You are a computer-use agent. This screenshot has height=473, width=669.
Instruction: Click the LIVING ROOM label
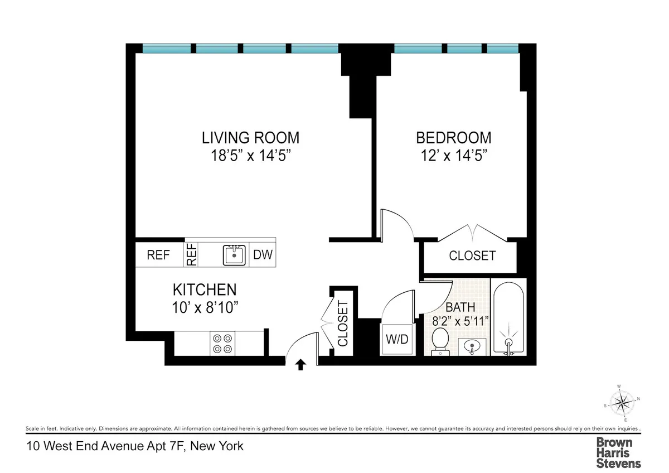[x=250, y=137]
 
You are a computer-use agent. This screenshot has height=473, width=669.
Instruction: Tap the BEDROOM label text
[x=454, y=137]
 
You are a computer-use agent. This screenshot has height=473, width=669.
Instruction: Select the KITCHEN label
[x=205, y=289]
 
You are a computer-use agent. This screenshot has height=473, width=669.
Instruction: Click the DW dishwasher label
[x=263, y=255]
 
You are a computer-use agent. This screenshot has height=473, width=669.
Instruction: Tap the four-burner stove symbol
[x=221, y=343]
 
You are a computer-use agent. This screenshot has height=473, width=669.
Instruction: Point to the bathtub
[x=508, y=318]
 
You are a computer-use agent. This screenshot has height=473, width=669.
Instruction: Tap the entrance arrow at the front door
[x=300, y=365]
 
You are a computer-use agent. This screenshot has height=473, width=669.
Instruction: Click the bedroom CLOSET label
[x=472, y=256]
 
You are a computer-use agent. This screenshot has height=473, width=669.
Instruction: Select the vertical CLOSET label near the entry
[x=342, y=324]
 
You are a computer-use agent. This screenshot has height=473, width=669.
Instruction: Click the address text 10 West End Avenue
[x=135, y=446]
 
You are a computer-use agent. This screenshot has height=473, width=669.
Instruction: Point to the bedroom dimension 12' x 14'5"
[x=454, y=155]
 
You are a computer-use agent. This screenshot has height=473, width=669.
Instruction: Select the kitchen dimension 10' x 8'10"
[x=205, y=307]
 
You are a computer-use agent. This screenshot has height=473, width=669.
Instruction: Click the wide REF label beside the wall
[x=158, y=255]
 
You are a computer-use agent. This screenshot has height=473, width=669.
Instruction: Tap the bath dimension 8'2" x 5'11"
[x=460, y=321]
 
